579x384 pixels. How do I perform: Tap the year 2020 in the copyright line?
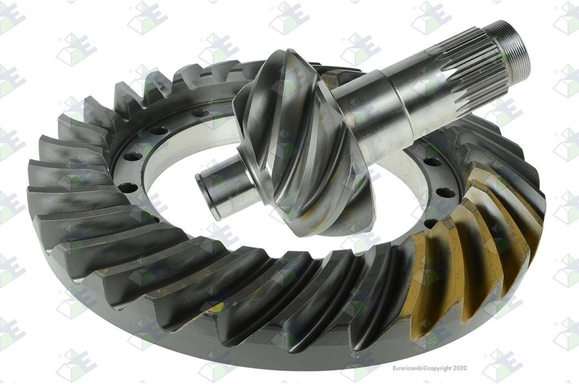pyautogui.click(x=460, y=368)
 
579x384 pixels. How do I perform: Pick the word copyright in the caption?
pyautogui.click(x=439, y=368)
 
